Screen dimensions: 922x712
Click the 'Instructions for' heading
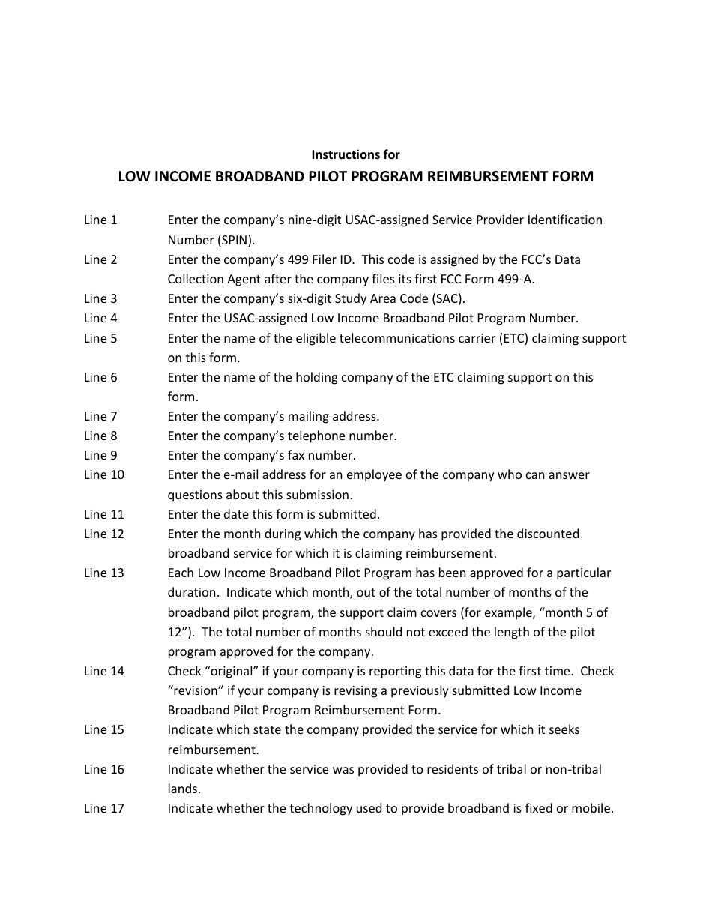click(x=355, y=154)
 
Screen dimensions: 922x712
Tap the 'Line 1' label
click(x=100, y=220)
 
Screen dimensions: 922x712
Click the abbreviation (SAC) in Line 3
click(x=447, y=298)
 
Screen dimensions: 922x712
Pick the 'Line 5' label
click(x=100, y=338)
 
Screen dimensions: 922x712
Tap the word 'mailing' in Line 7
click(x=307, y=416)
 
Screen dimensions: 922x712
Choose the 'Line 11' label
click(x=103, y=514)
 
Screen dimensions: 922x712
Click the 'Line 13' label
click(x=103, y=573)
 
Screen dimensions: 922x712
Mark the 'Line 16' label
click(x=103, y=769)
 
